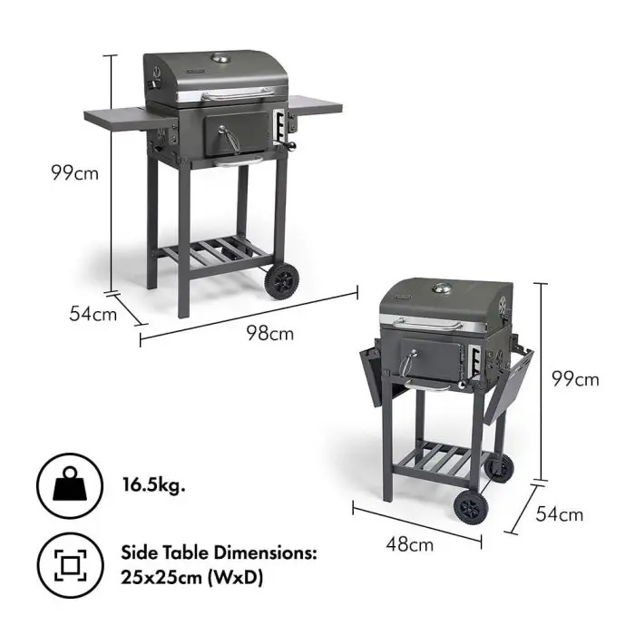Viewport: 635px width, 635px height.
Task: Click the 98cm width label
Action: pos(270,334)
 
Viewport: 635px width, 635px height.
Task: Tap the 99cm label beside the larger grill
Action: pos(74,172)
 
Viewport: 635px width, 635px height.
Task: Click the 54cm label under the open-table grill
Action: pos(93,315)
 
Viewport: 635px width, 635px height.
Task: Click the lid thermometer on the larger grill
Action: pos(220,61)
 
